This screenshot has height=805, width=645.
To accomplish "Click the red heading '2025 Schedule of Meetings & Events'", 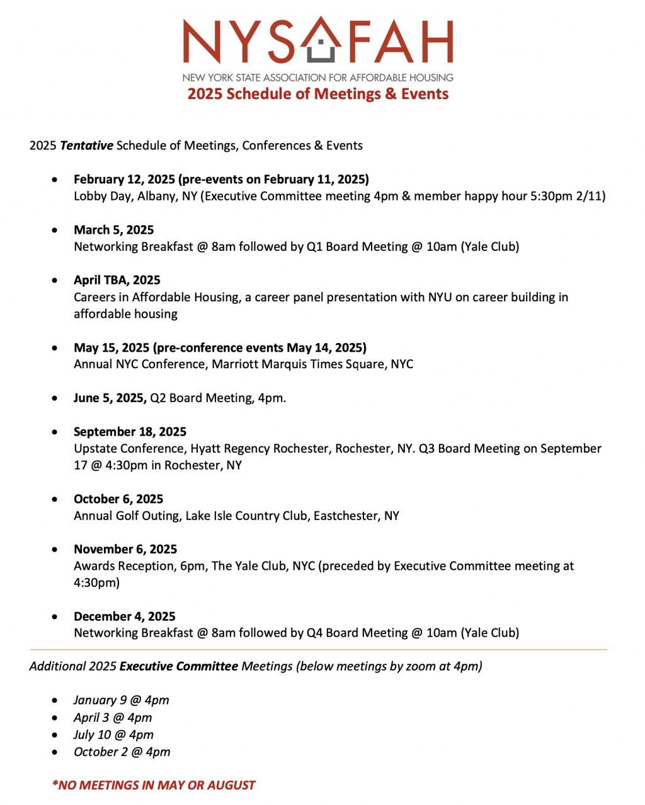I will (x=318, y=94).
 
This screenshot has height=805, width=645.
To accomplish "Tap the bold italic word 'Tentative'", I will (x=87, y=146).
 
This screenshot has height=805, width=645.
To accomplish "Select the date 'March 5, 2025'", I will (x=114, y=230).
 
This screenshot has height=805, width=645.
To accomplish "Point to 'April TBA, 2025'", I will (x=117, y=281).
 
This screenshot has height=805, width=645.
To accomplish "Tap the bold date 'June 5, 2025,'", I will (x=110, y=398).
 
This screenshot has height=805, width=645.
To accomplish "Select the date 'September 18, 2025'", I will (x=130, y=432).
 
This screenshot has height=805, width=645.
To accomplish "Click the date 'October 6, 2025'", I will (x=118, y=499).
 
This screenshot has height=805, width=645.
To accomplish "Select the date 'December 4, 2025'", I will (x=125, y=617).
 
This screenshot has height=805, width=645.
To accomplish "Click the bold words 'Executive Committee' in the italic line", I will (x=179, y=666).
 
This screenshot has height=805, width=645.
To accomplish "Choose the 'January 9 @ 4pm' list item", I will (x=122, y=700).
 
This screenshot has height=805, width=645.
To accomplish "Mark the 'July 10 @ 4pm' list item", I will (x=113, y=735).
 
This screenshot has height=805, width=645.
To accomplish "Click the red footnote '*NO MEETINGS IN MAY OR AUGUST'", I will (x=154, y=785).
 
